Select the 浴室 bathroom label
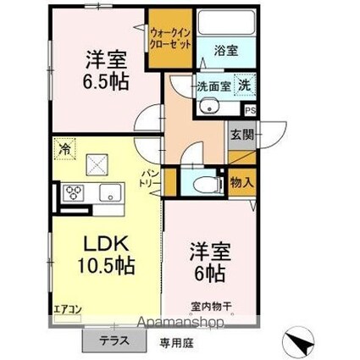point(224,50)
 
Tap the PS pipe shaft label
point(250,109)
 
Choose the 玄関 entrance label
point(241,133)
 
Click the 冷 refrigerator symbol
point(64,148)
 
